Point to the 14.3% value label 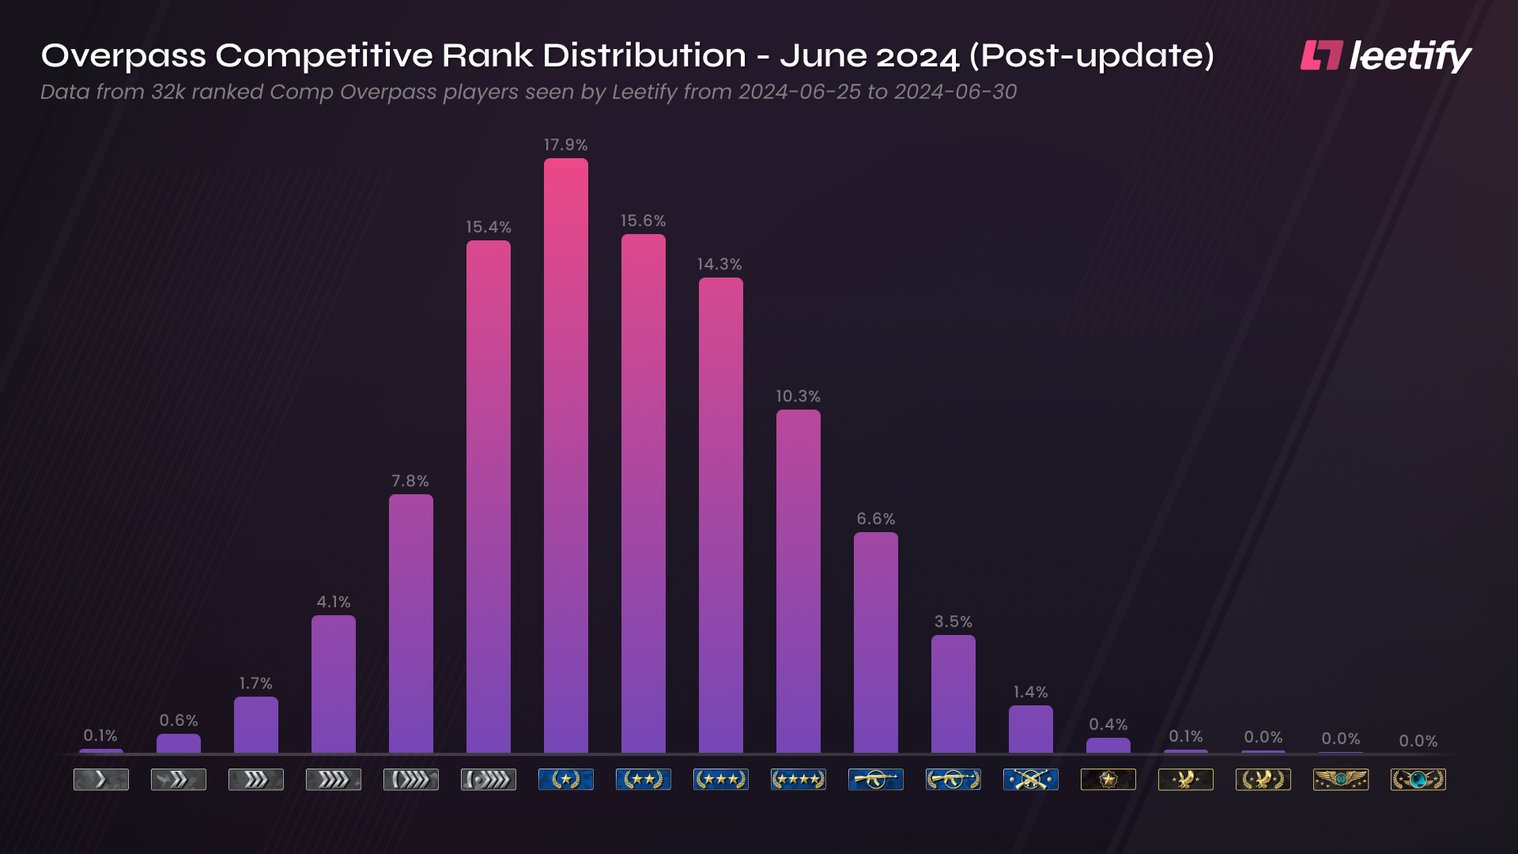point(719,264)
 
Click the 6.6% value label point(876,519)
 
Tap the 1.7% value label point(255,683)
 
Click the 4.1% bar point(333,684)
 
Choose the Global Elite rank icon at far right point(1418,780)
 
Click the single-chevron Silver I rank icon point(100,780)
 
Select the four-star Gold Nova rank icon point(798,780)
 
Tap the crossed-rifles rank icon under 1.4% point(1030,780)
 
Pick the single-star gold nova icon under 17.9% point(565,780)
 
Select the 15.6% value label point(643,221)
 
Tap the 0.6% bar point(178,743)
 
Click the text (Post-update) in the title point(1091,56)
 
